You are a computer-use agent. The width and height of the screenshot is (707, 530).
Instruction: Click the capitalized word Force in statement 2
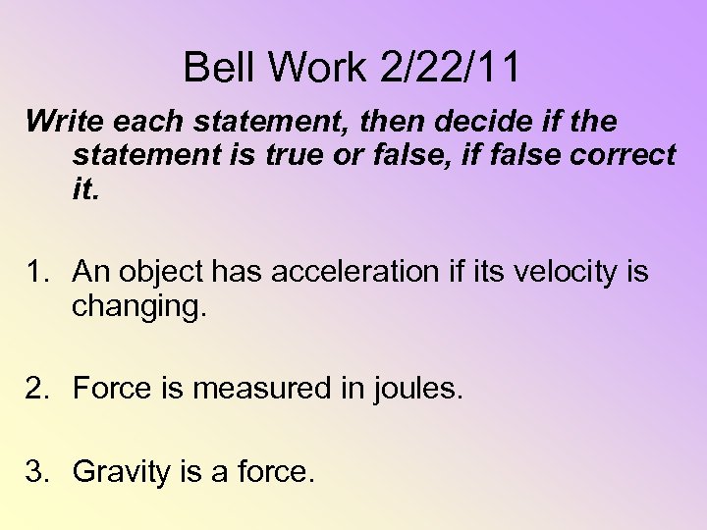(x=110, y=389)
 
